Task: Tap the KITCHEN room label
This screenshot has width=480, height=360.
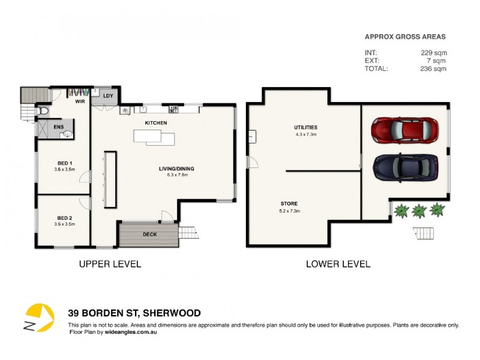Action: (155, 123)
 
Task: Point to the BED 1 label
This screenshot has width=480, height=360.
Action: (65, 163)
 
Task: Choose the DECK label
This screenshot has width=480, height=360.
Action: (149, 235)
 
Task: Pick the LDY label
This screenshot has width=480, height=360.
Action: (109, 96)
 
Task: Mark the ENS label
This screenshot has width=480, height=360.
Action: (59, 127)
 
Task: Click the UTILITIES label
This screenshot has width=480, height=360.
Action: (305, 127)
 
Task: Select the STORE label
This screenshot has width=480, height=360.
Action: (289, 204)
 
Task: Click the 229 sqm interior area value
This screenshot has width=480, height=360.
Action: (434, 53)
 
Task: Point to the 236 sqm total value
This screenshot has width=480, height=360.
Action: (434, 68)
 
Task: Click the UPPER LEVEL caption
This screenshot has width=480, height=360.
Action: (110, 264)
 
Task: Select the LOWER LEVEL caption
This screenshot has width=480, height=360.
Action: (338, 264)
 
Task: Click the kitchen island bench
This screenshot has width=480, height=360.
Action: (155, 138)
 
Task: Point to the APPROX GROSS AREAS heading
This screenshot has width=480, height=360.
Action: (406, 37)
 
